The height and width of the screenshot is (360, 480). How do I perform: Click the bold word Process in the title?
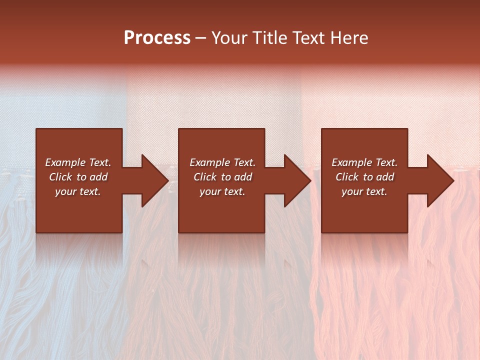(x=157, y=38)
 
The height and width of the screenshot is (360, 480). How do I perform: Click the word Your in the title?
(x=230, y=38)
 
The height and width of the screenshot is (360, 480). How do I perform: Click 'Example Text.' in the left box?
(x=78, y=162)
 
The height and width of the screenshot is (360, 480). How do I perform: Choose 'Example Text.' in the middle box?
(x=222, y=162)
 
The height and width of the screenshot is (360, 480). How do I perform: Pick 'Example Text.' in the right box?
(x=364, y=162)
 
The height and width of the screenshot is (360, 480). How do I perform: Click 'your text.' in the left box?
(x=78, y=191)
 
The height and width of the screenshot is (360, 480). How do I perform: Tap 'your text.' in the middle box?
(x=222, y=191)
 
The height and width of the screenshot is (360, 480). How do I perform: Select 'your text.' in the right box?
(x=364, y=191)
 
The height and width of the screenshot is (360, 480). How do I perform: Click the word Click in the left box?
(x=61, y=177)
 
